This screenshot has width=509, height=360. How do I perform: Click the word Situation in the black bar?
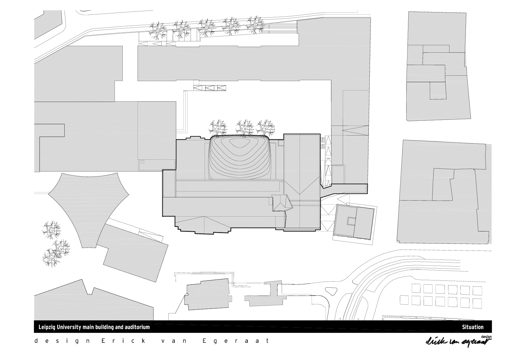point(473,327)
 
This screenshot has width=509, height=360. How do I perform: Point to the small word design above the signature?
point(486,337)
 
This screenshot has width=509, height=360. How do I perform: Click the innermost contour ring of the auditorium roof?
point(240,144)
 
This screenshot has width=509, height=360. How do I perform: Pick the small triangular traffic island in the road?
point(331,291)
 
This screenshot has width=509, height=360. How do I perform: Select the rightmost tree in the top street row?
point(255,25)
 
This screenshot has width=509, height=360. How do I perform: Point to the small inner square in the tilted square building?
point(351,221)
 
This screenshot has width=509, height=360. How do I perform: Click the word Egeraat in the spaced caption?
point(235,341)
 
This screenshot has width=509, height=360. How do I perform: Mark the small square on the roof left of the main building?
point(142,162)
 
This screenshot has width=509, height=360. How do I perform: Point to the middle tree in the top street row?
point(206,27)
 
